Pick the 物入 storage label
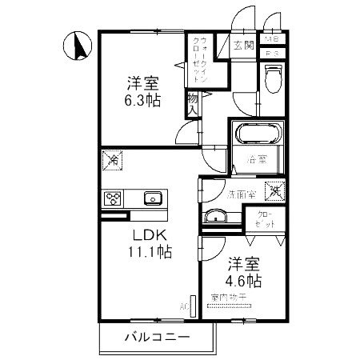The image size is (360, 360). click(x=193, y=102)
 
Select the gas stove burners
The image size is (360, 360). click(x=112, y=198)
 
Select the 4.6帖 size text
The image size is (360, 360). click(x=242, y=280)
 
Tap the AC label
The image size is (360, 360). click(x=184, y=306)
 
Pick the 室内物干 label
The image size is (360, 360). click(x=227, y=298)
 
